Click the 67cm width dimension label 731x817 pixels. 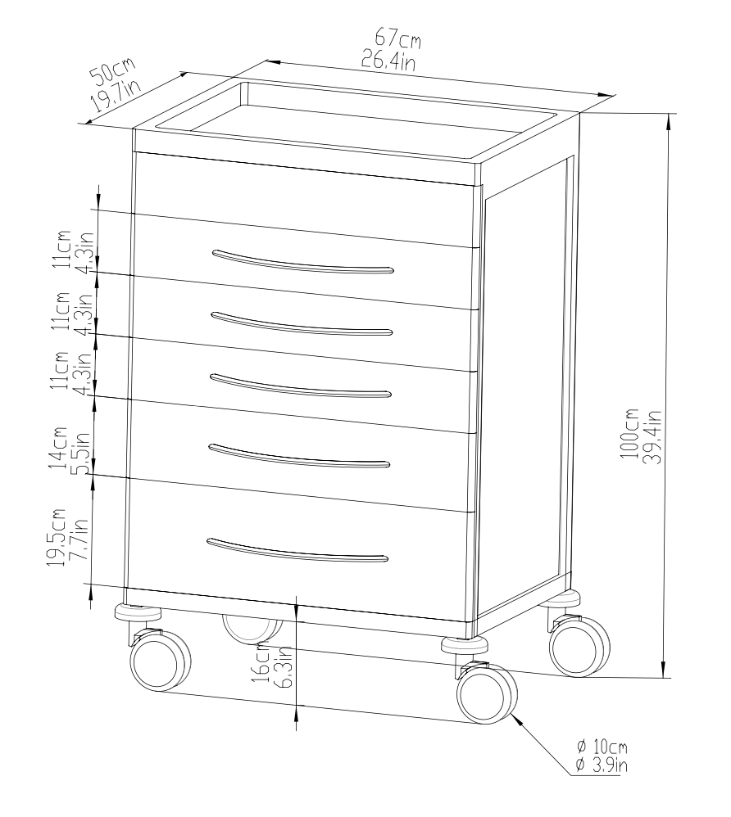(x=398, y=38)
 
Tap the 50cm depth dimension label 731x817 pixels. (x=112, y=71)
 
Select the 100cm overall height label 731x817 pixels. (x=629, y=434)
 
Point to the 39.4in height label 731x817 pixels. (x=652, y=436)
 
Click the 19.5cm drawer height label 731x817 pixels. (x=56, y=537)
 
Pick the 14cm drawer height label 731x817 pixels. (x=58, y=448)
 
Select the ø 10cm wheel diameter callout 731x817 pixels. (x=602, y=747)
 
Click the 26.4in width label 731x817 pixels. (x=388, y=61)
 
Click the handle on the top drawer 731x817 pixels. (x=302, y=262)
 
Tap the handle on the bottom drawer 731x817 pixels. (x=297, y=551)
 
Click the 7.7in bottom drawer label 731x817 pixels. (x=79, y=539)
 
